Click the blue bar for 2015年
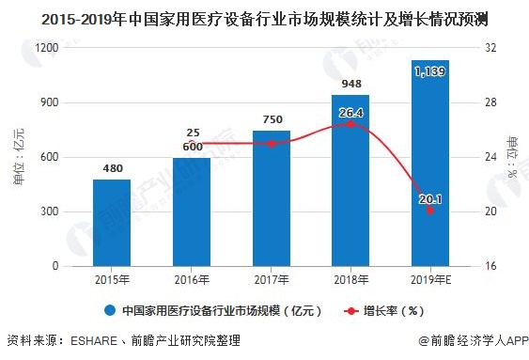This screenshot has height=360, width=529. tap(111, 223)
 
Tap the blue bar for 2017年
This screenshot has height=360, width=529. tap(271, 198)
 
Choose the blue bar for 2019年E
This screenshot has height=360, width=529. tap(429, 164)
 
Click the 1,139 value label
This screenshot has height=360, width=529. tap(429, 71)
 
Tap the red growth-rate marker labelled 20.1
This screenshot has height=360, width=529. tap(429, 211)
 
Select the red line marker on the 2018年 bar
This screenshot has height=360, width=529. tap(350, 124)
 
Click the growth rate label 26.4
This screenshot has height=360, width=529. tap(350, 112)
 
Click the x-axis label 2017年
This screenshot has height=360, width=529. tap(271, 280)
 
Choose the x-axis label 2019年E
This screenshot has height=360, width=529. tap(429, 280)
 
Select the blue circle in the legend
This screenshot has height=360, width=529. tap(111, 310)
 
